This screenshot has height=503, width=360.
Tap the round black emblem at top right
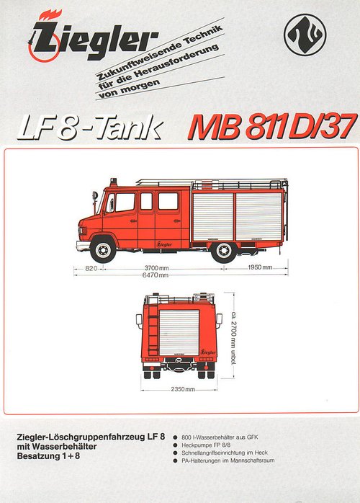pyautogui.click(x=305, y=35)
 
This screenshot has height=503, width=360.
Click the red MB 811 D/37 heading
pyautogui.click(x=273, y=127)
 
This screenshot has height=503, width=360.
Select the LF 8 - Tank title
pyautogui.click(x=91, y=128)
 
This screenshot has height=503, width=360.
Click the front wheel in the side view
pyautogui.click(x=103, y=249)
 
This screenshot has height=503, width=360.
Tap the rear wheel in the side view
pyautogui.click(x=224, y=250)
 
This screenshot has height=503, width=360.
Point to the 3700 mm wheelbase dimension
pyautogui.click(x=156, y=268)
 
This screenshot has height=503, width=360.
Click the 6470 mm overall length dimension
pyautogui.click(x=156, y=275)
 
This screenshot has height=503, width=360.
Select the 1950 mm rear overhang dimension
pyautogui.click(x=260, y=267)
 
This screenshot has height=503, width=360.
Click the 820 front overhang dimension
pyautogui.click(x=91, y=268)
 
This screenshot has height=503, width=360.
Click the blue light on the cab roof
pyautogui.click(x=113, y=182)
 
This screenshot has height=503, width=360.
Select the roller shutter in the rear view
pyautogui.click(x=179, y=333)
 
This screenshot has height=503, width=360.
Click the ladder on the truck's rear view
pyautogui.click(x=153, y=329)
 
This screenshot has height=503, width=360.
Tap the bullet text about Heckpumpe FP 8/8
pyautogui.click(x=206, y=445)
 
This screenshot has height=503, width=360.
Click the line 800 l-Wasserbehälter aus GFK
pyautogui.click(x=220, y=437)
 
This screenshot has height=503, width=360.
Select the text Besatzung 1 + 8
pyautogui.click(x=48, y=456)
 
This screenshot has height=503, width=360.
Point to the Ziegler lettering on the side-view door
pyautogui.click(x=164, y=244)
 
